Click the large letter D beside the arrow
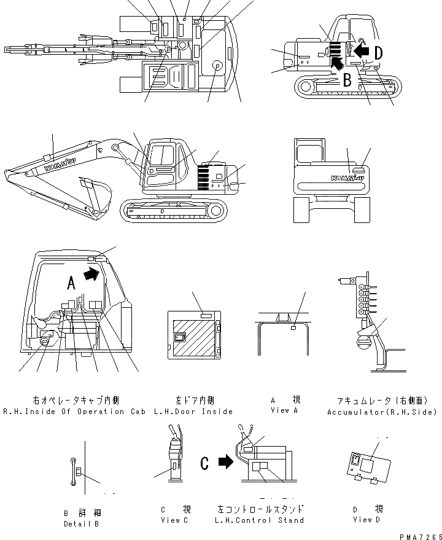(x=378, y=53)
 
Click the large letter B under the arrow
(x=346, y=79)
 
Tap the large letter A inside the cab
(x=71, y=283)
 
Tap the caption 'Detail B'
(x=81, y=523)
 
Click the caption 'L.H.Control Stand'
(x=260, y=520)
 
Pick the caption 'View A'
(x=280, y=410)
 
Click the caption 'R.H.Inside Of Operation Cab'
(x=74, y=411)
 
